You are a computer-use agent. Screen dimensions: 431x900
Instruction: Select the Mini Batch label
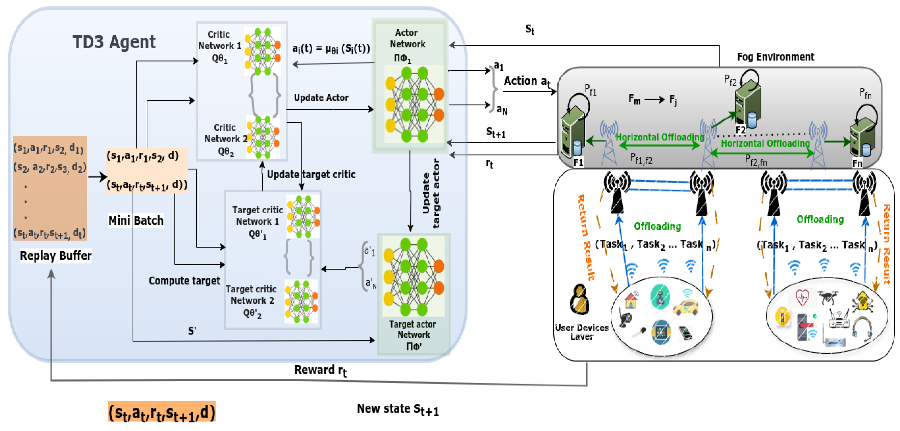135,221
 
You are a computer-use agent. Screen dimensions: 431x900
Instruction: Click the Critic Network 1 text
219,46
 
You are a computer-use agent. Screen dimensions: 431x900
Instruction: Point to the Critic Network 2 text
225,139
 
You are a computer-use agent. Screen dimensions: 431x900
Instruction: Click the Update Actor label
321,98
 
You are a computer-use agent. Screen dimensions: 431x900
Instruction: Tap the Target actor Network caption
413,334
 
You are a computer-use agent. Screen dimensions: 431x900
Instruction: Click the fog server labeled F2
748,105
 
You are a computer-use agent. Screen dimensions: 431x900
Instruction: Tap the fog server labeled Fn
862,138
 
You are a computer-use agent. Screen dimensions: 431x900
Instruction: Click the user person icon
579,299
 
